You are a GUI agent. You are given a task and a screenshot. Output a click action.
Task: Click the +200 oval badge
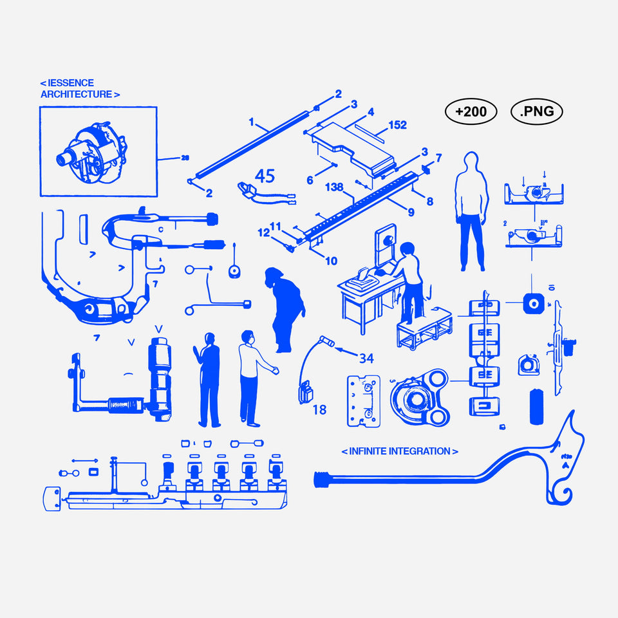click(x=471, y=112)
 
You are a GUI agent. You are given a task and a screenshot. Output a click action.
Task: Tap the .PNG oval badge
click(x=537, y=112)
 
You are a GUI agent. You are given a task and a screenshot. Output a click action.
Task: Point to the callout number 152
click(x=398, y=126)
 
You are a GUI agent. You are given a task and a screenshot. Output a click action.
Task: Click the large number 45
click(x=265, y=176)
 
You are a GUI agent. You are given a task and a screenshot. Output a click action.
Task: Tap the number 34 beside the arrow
click(x=366, y=359)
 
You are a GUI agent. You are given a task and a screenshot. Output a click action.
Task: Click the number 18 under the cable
click(x=319, y=409)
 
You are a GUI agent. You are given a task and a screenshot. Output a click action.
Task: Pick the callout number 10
click(x=331, y=261)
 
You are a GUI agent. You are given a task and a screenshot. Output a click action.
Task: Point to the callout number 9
click(x=410, y=210)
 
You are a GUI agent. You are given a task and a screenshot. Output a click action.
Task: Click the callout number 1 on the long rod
click(x=252, y=121)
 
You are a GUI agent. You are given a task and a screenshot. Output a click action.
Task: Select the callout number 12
click(x=263, y=232)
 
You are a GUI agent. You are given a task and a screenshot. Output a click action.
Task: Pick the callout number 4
click(x=371, y=112)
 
